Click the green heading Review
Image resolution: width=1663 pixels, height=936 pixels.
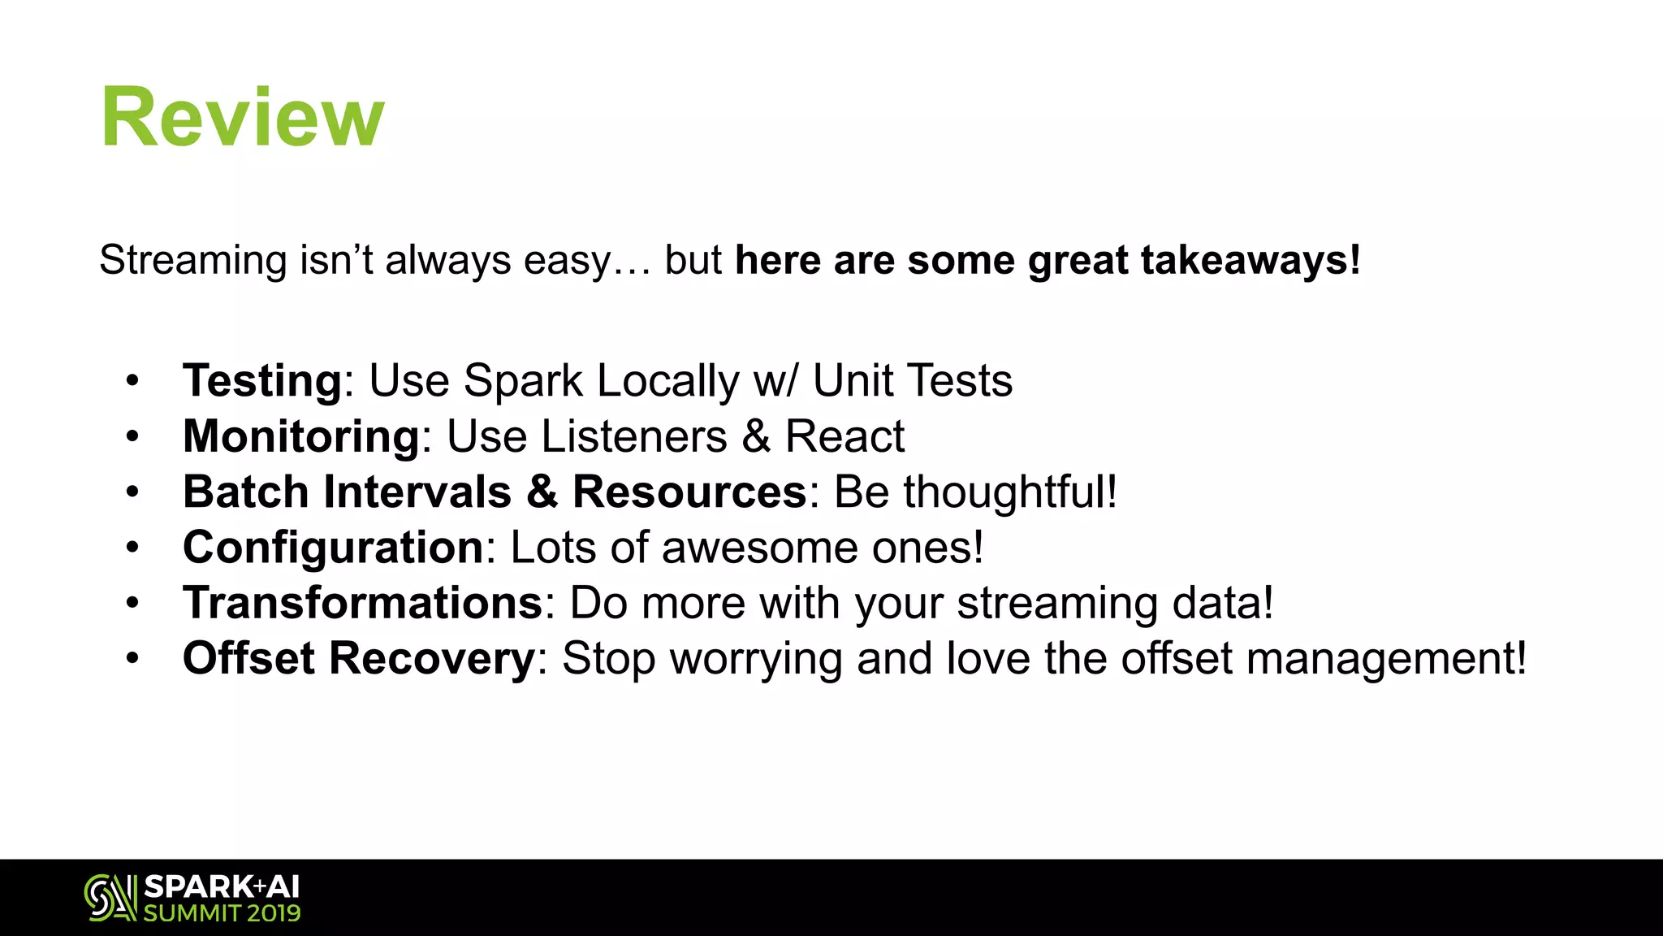click(x=242, y=118)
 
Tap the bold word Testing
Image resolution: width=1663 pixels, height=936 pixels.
click(x=262, y=380)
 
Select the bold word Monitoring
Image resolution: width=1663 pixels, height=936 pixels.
click(x=301, y=436)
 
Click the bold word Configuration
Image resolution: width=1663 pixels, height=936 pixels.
click(x=333, y=548)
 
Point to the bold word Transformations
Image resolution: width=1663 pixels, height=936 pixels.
click(x=362, y=603)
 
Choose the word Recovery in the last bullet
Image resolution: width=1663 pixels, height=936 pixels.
click(x=431, y=658)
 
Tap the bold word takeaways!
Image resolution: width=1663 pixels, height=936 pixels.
click(x=1250, y=261)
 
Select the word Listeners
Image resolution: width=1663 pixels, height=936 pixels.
click(x=634, y=436)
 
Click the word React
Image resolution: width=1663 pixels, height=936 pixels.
click(x=844, y=436)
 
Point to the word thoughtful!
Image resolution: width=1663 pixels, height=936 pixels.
click(x=1010, y=492)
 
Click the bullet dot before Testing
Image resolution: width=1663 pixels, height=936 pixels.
click(x=132, y=381)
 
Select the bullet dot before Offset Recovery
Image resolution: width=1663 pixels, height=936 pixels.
click(x=132, y=658)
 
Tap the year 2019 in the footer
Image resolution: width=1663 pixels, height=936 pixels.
click(x=274, y=913)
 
